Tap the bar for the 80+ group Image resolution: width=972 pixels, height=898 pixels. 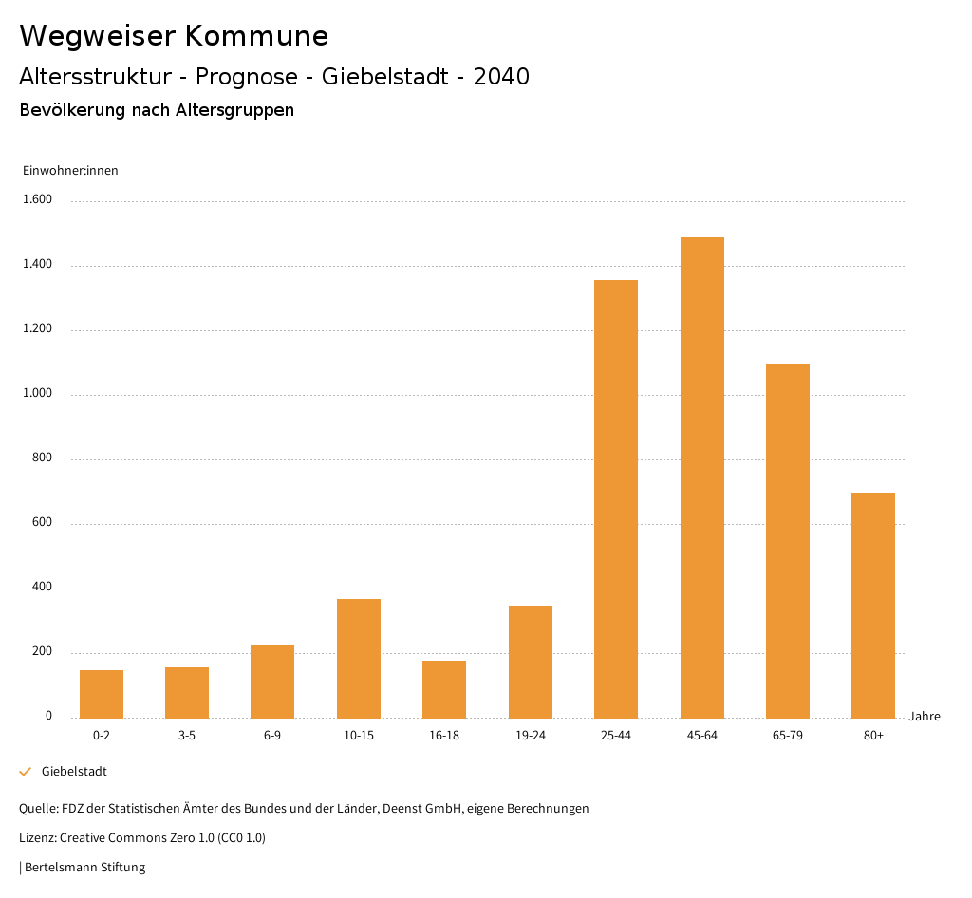pyautogui.click(x=873, y=605)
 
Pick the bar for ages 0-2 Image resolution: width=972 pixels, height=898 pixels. pyautogui.click(x=102, y=694)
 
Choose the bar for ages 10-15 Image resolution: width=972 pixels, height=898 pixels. pyautogui.click(x=359, y=658)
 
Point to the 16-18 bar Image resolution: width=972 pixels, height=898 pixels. pyautogui.click(x=444, y=689)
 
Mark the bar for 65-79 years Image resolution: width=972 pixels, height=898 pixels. pyautogui.click(x=788, y=540)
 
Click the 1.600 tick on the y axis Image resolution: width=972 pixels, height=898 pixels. pyautogui.click(x=38, y=200)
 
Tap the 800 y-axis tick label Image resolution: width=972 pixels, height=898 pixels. pyautogui.click(x=42, y=458)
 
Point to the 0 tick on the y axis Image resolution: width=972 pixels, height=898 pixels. pyautogui.click(x=48, y=717)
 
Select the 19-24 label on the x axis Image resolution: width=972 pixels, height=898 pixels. pyautogui.click(x=530, y=736)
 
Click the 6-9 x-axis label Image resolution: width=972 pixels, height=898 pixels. pyautogui.click(x=272, y=736)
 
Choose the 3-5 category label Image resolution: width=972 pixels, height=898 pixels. pyautogui.click(x=187, y=736)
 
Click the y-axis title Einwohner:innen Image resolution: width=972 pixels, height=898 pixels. pyautogui.click(x=70, y=171)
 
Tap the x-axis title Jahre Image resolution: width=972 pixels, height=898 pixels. pyautogui.click(x=925, y=717)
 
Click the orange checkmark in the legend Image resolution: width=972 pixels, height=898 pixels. pyautogui.click(x=26, y=772)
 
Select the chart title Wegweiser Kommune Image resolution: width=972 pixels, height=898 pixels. pyautogui.click(x=174, y=35)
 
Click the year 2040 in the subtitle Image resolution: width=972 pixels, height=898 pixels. pyautogui.click(x=501, y=77)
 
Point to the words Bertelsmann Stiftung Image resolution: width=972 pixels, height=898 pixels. pyautogui.click(x=84, y=867)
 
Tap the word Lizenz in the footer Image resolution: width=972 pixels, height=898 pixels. pyautogui.click(x=37, y=837)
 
